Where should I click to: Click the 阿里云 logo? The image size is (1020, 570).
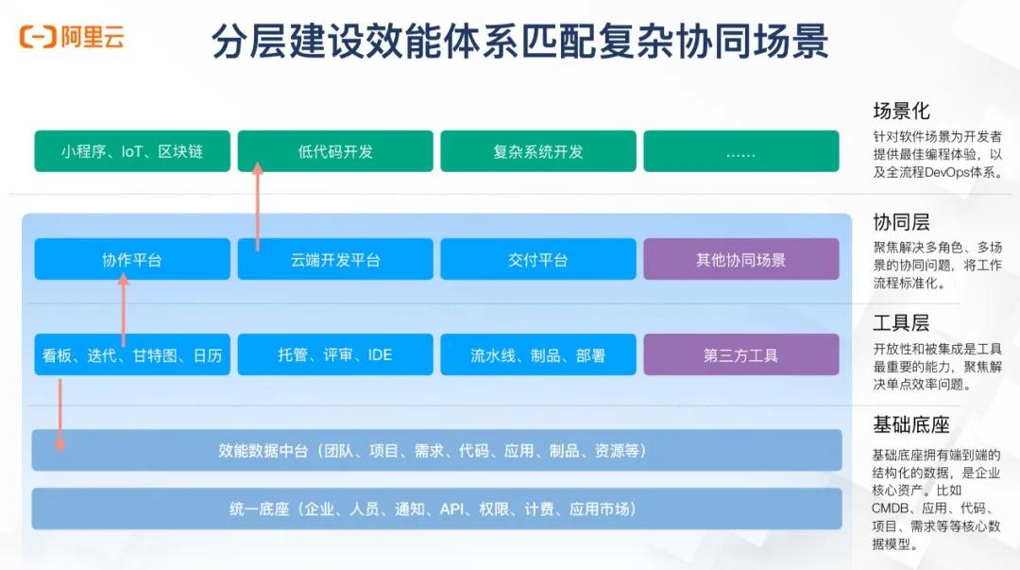tap(72, 38)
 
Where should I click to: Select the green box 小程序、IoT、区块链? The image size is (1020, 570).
tap(132, 151)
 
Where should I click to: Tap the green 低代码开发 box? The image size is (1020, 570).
tap(335, 151)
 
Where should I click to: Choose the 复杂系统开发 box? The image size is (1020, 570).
tap(538, 151)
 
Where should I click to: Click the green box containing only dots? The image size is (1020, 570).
tap(741, 151)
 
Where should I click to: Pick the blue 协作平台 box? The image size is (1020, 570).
tap(132, 259)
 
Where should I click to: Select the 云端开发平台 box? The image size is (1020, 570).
tap(335, 259)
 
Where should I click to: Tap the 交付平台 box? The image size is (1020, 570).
tap(538, 259)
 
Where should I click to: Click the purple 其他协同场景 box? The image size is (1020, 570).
tap(741, 259)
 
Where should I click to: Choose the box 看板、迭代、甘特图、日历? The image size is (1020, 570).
tap(132, 354)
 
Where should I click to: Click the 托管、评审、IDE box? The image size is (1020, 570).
tap(335, 354)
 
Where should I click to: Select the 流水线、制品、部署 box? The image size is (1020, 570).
tap(538, 354)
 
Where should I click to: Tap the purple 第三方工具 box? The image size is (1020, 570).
tap(741, 354)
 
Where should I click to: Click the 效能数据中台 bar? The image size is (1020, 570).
tap(436, 450)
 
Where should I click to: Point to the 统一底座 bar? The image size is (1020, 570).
tap(436, 509)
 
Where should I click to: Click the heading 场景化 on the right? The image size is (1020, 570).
tap(902, 112)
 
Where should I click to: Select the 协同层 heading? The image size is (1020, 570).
tap(902, 222)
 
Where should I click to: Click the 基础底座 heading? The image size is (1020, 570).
tap(911, 424)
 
